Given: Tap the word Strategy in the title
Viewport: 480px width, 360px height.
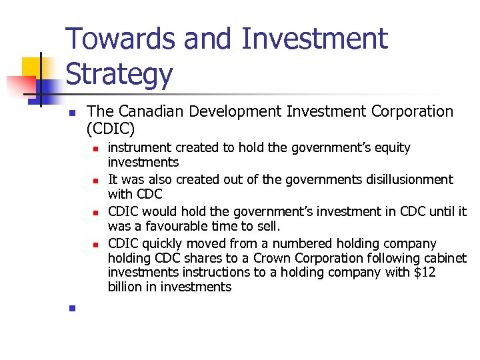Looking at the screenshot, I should point(119,75).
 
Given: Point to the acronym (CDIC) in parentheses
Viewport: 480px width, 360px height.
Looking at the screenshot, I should point(111,127).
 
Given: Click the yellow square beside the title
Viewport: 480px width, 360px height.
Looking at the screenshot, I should point(33,67).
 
